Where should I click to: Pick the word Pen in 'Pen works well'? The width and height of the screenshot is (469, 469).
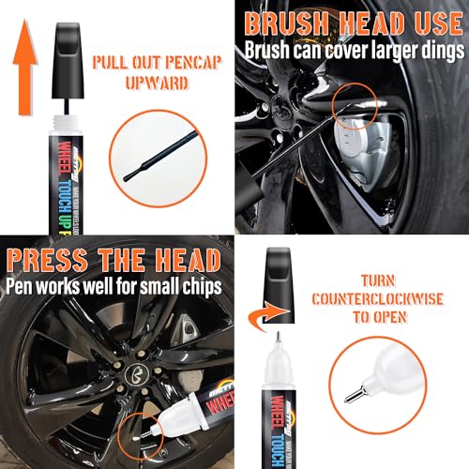click(23, 282)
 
